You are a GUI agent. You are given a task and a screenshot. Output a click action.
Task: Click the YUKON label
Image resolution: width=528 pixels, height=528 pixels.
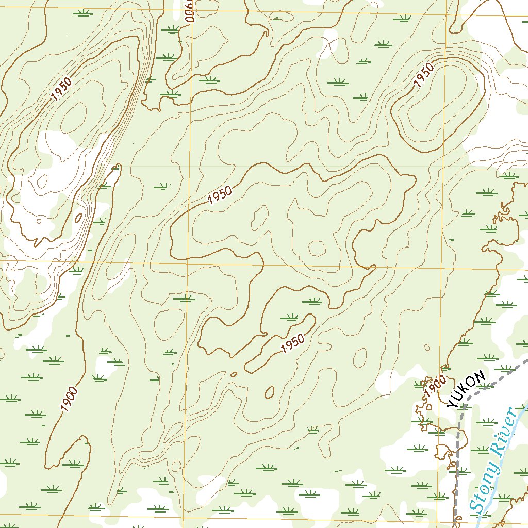coord(467,389)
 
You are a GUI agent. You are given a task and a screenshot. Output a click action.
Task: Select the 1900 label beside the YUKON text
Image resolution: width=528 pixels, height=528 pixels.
coord(435,386)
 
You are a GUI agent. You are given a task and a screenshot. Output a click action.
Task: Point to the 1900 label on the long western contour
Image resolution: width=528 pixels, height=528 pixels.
coord(69,399)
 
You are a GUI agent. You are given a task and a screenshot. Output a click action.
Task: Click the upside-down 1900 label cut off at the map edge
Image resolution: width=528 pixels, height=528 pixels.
coord(190,11)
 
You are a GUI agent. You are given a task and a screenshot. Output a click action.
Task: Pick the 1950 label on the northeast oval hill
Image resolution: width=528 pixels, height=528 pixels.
coord(424,75)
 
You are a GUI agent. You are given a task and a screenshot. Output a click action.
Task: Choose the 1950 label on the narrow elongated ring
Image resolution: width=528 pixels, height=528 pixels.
coord(293,344)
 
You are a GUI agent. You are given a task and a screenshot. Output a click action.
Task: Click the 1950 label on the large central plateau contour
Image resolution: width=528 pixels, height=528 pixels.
coord(220,195)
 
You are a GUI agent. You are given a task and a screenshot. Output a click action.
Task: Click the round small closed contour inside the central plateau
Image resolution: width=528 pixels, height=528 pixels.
coord(317,249)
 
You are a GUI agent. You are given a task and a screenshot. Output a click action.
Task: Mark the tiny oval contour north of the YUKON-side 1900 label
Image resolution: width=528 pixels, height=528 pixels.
coord(426,348)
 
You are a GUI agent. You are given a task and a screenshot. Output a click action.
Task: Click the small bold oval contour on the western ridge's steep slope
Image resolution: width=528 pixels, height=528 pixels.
coord(78,218)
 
